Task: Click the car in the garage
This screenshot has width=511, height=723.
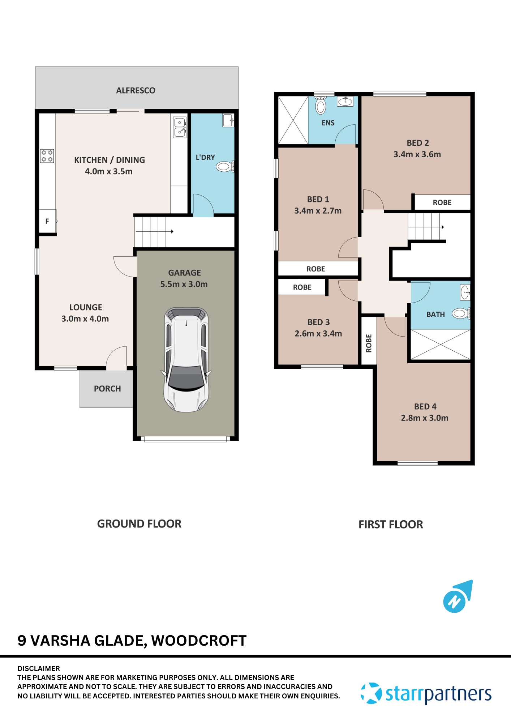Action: click(x=186, y=360)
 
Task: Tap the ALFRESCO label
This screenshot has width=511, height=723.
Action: click(x=136, y=90)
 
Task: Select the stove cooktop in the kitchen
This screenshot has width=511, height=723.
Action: click(x=47, y=156)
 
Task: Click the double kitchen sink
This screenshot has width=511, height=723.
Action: click(x=180, y=127)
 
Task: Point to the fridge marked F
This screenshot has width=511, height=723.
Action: click(x=47, y=221)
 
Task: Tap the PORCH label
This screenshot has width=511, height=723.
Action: click(x=107, y=389)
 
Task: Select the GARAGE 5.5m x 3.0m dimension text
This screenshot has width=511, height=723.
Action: click(x=184, y=284)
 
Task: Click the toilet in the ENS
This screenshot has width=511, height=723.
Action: click(x=321, y=106)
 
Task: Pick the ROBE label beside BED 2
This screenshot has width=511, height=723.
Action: click(x=442, y=202)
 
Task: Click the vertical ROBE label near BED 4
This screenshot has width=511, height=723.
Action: click(x=369, y=343)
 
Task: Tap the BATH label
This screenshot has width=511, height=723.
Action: click(x=435, y=315)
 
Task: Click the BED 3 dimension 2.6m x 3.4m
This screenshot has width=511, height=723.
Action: click(x=318, y=333)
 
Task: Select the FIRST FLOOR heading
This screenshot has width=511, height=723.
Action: click(x=390, y=525)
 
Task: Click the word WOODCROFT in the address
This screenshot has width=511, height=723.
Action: click(x=199, y=641)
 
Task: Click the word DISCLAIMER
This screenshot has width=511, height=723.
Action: click(x=39, y=668)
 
